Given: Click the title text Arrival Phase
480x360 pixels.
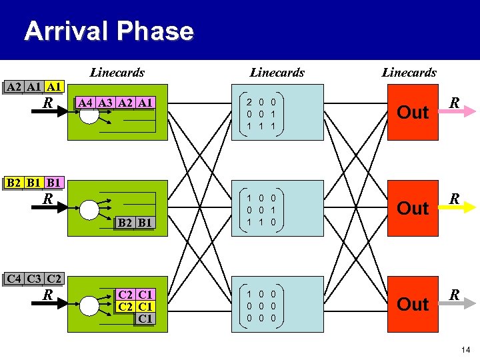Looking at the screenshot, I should (109, 31).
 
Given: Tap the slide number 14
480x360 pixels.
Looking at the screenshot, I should (465, 348).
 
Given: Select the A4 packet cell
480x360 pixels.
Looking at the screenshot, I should (85, 103).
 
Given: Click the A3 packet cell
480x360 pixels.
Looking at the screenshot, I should (105, 103).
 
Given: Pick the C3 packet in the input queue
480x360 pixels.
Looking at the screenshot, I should (33, 278).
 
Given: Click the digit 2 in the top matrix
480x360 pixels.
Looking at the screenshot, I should (249, 103).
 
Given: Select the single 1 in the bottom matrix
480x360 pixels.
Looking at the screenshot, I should (249, 294).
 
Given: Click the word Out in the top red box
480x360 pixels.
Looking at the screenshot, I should (413, 113).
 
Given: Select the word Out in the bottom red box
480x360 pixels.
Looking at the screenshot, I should (413, 305).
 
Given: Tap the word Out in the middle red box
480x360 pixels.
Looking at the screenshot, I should (413, 209).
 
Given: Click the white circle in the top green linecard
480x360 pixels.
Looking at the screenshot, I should (89, 114).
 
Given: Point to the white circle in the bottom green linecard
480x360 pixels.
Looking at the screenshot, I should (89, 305).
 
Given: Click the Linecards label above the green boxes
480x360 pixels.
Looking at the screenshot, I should (117, 72).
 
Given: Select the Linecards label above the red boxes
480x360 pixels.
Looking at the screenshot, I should (409, 72).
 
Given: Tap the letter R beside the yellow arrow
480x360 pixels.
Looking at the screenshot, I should (454, 199).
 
